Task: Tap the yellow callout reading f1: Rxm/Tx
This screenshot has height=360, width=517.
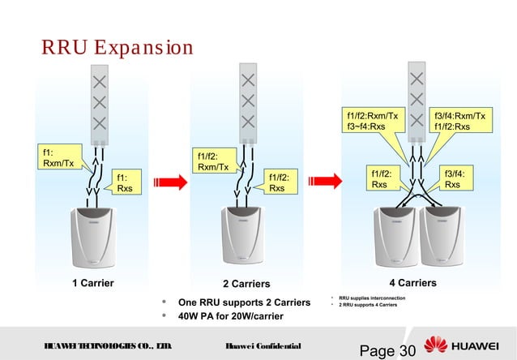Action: point(60,157)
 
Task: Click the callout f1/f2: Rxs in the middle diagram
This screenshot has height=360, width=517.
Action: point(280,182)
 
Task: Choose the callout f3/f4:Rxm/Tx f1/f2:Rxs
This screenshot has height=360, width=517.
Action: point(459,122)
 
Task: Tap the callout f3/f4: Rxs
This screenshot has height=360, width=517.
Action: point(454,178)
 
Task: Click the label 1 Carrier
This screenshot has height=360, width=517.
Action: point(93,284)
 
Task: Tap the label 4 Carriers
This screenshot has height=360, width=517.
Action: point(412,283)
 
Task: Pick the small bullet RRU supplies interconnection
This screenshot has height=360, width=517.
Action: point(378,298)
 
